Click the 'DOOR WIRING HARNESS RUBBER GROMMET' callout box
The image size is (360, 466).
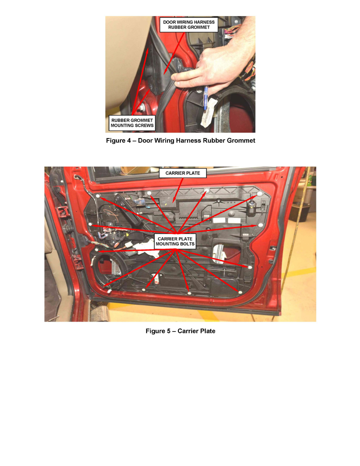pyautogui.click(x=189, y=25)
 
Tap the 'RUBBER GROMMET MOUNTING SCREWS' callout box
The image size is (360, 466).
pyautogui.click(x=132, y=123)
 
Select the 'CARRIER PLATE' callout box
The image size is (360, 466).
pyautogui.click(x=182, y=173)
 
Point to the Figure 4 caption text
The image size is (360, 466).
pyautogui.click(x=180, y=140)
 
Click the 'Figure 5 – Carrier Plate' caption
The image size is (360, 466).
pyautogui.click(x=180, y=331)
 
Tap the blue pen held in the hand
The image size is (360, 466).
pyautogui.click(x=205, y=98)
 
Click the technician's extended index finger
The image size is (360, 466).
pyautogui.click(x=188, y=81)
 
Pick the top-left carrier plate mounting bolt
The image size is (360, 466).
pyautogui.click(x=98, y=196)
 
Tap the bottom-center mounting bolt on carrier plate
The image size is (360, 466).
pyautogui.click(x=189, y=292)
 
